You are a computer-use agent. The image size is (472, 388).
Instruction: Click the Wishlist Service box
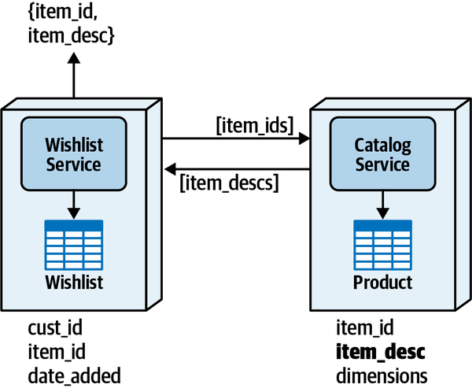[x=73, y=154]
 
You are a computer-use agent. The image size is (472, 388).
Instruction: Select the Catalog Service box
[x=382, y=154]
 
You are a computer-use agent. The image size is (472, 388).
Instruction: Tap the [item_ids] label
[x=254, y=124]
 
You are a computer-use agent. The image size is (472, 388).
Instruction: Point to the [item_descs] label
[x=229, y=183]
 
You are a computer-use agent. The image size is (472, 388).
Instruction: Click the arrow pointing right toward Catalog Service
[x=236, y=139]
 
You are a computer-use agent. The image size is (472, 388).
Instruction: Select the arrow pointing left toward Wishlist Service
[x=236, y=168]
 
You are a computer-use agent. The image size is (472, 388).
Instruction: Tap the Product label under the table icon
[x=382, y=283]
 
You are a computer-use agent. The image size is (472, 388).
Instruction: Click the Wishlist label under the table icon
[x=73, y=283]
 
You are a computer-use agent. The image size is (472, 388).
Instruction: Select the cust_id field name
[x=55, y=327]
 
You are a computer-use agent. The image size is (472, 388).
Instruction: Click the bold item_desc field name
[x=381, y=352]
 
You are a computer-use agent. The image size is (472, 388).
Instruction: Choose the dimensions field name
[x=382, y=375]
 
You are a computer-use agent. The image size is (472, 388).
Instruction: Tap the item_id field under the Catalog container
[x=365, y=327]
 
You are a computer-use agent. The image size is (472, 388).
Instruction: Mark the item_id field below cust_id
[x=56, y=352]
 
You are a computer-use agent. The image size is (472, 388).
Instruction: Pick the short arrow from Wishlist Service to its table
[x=73, y=206]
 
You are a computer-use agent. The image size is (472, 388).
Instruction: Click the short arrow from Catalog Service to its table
[x=382, y=206]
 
